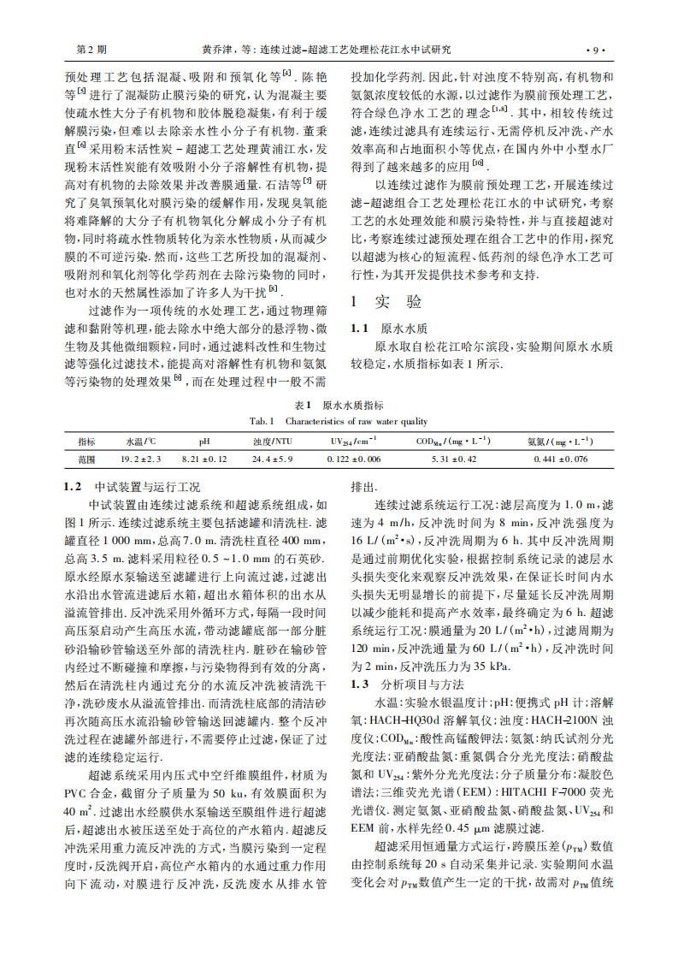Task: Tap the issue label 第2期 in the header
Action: (x=92, y=50)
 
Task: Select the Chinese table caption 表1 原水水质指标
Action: (x=339, y=405)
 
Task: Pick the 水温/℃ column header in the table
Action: (x=139, y=442)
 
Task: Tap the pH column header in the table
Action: (x=203, y=442)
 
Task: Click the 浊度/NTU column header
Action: (x=271, y=442)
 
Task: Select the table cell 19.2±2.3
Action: (x=140, y=459)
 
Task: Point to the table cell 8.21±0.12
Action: (x=203, y=459)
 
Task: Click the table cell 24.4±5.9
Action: (x=272, y=459)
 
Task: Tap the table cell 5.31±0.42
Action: (x=451, y=459)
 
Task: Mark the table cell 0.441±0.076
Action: (x=560, y=459)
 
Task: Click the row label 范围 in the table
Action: (x=86, y=459)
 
